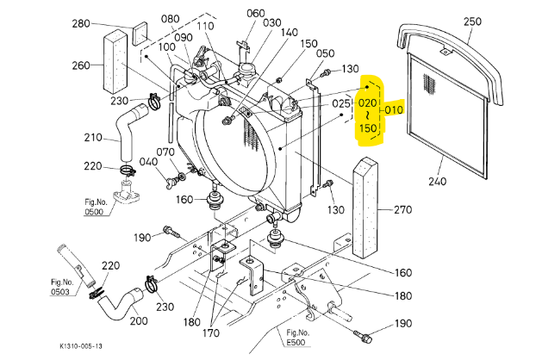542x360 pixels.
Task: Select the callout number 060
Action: click(256, 12)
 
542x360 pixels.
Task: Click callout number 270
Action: click(402, 209)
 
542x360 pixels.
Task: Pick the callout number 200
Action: click(138, 321)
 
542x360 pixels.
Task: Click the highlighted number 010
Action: click(394, 109)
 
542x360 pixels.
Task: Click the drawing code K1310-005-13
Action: click(83, 345)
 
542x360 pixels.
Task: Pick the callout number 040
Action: click(147, 161)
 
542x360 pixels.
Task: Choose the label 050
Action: click(325, 53)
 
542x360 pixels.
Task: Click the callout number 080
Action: click(171, 17)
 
